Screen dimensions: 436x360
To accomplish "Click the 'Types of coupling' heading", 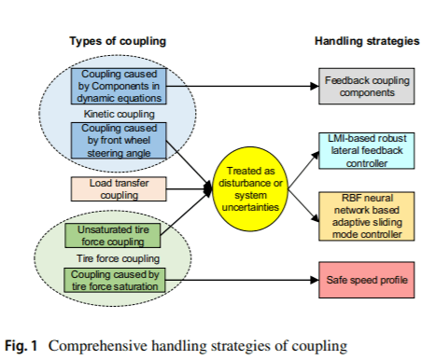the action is coord(118,41).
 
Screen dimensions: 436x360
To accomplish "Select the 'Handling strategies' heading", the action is coord(367,41).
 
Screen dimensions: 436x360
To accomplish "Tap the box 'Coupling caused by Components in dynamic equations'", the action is coord(119,86).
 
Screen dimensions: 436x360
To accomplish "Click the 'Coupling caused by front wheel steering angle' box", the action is coord(119,141).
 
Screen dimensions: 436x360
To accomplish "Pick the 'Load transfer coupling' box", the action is coord(119,189).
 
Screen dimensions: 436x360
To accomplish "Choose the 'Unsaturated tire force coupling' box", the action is coord(113,236).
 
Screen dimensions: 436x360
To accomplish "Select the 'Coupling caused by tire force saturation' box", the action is coord(115,280).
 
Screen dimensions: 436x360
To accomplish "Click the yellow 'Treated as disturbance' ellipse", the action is coord(250,189).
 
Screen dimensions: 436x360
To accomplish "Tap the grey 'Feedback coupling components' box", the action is coord(367,86).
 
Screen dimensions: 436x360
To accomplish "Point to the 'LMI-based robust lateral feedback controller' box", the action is coord(367,151).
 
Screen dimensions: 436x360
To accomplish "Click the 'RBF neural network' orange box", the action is coord(367,216).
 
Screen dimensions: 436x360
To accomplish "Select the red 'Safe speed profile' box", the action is coord(367,280).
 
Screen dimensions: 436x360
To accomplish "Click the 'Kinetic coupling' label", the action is coord(119,114).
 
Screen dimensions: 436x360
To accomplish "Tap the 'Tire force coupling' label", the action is coord(118,258).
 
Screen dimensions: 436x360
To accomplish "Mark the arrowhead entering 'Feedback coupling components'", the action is coord(315,86).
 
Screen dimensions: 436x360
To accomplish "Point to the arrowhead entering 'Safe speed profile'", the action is coord(315,280).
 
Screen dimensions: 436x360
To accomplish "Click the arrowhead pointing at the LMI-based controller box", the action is coord(316,155).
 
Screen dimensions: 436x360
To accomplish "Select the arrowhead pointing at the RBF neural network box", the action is coord(316,218).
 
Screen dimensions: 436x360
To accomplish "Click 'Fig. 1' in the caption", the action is coord(21,346).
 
